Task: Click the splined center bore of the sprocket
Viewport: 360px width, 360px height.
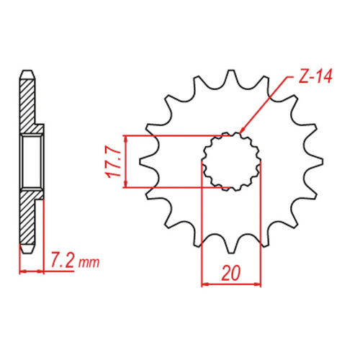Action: [230, 161]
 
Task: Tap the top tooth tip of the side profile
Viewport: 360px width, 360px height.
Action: [26, 73]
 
